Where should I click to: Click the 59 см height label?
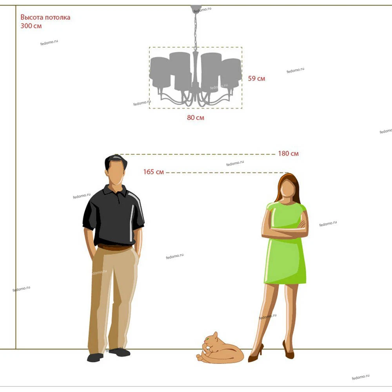click(256, 78)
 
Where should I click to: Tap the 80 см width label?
click(196, 118)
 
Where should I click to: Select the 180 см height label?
click(288, 154)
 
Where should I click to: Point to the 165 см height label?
click(154, 172)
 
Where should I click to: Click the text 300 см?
click(31, 26)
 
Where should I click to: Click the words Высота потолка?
click(45, 17)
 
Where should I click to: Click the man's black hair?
click(115, 160)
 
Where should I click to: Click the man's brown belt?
click(114, 247)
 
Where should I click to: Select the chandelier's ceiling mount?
click(196, 9)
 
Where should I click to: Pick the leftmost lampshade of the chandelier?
click(160, 73)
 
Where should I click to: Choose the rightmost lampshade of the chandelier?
click(231, 73)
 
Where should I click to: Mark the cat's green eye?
click(207, 339)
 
